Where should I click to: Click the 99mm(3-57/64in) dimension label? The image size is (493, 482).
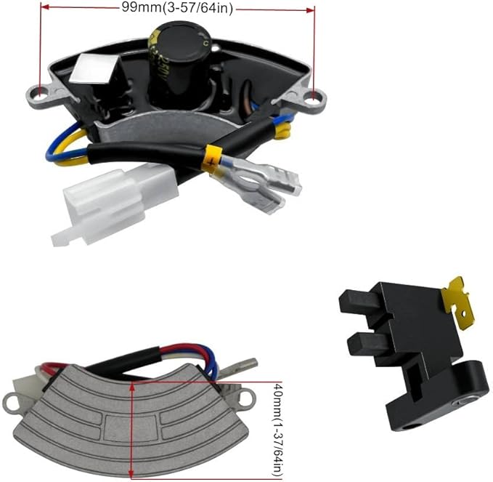[x=177, y=8]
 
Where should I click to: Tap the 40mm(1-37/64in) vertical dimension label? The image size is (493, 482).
[x=277, y=430]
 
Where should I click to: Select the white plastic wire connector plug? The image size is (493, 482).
[x=115, y=205]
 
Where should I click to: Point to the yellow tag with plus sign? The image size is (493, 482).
[x=211, y=159]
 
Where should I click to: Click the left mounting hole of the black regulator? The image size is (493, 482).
[x=40, y=95]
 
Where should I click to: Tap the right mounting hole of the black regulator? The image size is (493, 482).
[x=315, y=96]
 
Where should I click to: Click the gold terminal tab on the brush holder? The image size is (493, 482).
[x=456, y=302]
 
